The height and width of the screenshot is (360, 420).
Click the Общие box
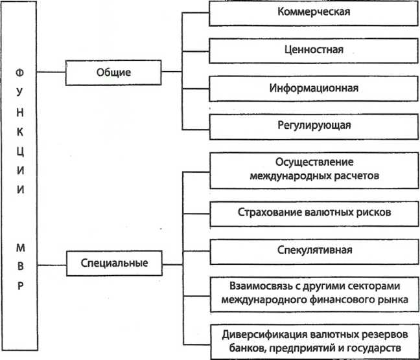113,73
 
